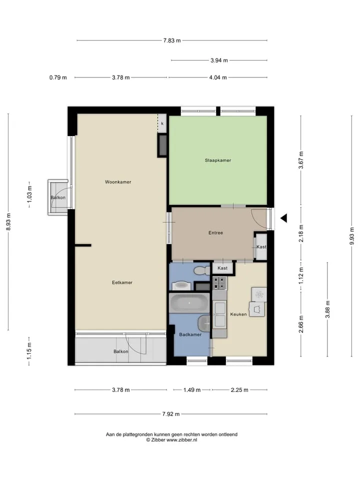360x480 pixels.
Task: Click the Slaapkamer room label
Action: pyautogui.click(x=217, y=160)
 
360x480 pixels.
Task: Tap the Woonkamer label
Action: pyautogui.click(x=118, y=182)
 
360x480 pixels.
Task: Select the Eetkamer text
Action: pyautogui.click(x=122, y=282)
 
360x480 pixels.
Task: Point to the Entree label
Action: pyautogui.click(x=215, y=232)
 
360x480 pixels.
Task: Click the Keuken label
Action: pyautogui.click(x=238, y=314)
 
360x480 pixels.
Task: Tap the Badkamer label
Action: pyautogui.click(x=190, y=334)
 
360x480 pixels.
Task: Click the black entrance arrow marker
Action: pyautogui.click(x=284, y=218)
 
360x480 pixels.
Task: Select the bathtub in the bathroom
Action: pyautogui.click(x=189, y=303)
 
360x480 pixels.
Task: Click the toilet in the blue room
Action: pyautogui.click(x=201, y=270)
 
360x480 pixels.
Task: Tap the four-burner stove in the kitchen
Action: pyautogui.click(x=220, y=283)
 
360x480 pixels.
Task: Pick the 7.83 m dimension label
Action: pyautogui.click(x=171, y=40)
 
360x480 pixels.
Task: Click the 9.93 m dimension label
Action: pyautogui.click(x=351, y=235)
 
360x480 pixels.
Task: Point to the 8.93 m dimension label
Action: pyautogui.click(x=8, y=222)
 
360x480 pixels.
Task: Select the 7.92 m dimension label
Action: pyautogui.click(x=171, y=414)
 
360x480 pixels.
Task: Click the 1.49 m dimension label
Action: pyautogui.click(x=192, y=389)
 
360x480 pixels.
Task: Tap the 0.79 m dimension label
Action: pyautogui.click(x=58, y=77)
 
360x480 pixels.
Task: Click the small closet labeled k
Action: pyautogui.click(x=162, y=123)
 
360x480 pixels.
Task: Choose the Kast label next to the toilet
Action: pyautogui.click(x=222, y=268)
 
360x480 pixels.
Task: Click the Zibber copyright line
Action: pyautogui.click(x=171, y=440)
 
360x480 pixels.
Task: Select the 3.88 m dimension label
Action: pyautogui.click(x=327, y=309)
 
